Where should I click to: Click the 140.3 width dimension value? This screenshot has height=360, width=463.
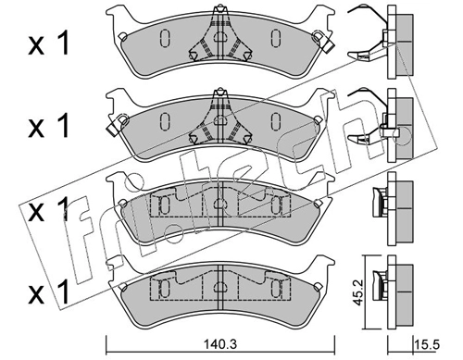point(220,344)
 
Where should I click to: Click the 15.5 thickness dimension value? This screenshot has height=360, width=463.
point(428,344)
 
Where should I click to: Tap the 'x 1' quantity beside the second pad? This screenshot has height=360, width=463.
point(49,126)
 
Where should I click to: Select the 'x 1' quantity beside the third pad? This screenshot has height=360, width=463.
point(49,210)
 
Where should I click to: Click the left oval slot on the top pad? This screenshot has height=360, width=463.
point(165,39)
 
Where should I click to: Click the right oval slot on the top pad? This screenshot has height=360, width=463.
point(276,39)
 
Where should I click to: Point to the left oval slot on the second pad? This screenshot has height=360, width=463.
point(165,121)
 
